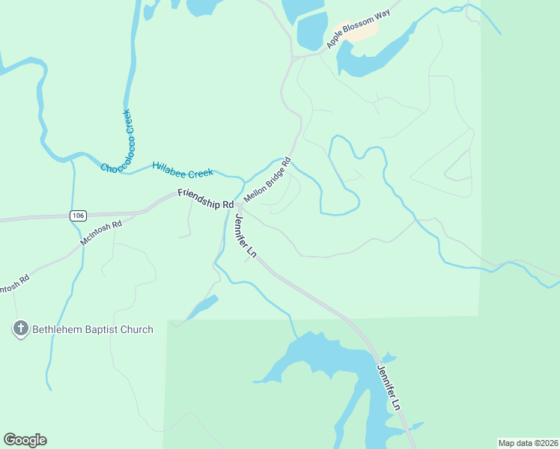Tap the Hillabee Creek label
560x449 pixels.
point(183,170)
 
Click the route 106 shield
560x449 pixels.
point(78,216)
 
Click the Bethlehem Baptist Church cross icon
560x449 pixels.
point(20,329)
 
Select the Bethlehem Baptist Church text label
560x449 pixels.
point(91,329)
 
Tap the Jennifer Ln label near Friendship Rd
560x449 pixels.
point(246,236)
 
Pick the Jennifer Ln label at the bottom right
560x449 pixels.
point(389,386)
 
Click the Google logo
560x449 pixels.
point(25,440)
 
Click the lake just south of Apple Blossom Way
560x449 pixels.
point(374,56)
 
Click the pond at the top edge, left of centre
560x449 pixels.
point(200,7)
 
